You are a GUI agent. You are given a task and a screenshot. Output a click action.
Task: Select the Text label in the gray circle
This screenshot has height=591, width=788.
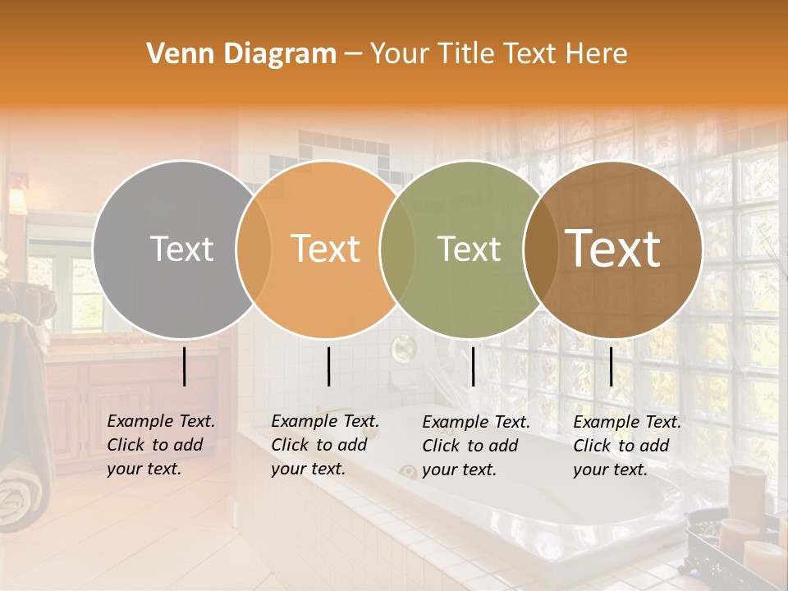click(182, 249)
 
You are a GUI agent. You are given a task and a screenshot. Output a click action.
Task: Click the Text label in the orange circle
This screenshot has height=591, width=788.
click(326, 249)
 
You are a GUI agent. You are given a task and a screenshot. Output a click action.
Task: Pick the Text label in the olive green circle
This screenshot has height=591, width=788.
click(470, 249)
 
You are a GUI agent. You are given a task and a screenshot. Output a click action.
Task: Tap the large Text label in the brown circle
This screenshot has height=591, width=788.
click(613, 248)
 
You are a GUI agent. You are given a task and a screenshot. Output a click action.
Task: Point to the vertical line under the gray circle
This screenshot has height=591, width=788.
click(184, 366)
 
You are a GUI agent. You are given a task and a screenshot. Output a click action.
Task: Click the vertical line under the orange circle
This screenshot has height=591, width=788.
click(328, 366)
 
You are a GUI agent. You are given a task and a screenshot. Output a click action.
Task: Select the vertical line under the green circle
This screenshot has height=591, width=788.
click(473, 366)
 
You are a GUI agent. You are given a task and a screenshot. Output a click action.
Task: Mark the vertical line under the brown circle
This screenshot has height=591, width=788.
click(611, 366)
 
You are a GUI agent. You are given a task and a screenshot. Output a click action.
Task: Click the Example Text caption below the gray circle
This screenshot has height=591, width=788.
click(160, 445)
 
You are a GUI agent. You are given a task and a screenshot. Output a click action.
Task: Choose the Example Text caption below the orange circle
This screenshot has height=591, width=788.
click(324, 445)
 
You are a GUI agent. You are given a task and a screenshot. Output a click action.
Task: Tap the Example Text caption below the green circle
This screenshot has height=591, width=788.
click(475, 446)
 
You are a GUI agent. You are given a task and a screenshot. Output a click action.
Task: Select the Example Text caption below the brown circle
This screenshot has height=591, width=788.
click(626, 446)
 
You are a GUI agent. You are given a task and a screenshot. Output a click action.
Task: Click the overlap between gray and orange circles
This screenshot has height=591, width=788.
click(254, 249)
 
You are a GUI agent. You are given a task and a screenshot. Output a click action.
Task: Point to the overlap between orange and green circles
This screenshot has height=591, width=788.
click(397, 249)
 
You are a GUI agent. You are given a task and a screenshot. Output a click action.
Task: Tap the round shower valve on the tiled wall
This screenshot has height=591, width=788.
click(402, 349)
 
